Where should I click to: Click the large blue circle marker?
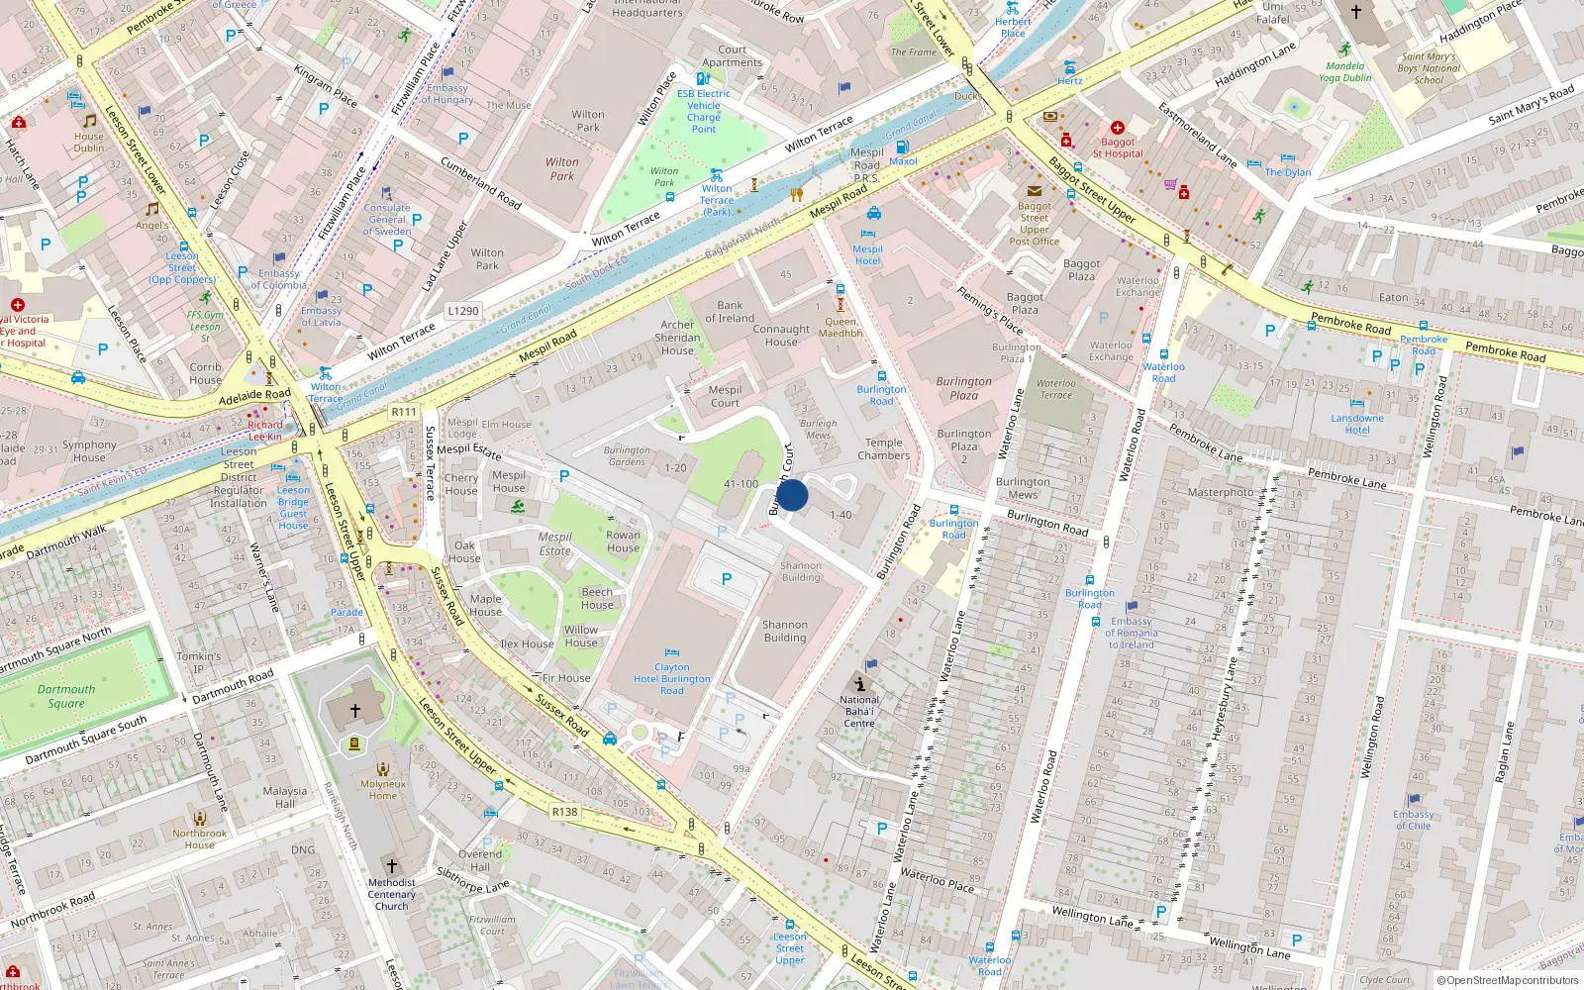click(791, 495)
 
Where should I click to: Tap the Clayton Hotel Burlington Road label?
click(672, 679)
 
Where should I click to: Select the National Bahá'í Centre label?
click(859, 711)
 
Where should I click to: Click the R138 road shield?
click(564, 812)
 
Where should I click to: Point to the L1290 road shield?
click(462, 311)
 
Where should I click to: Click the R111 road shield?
click(404, 412)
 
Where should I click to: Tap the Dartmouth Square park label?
click(66, 696)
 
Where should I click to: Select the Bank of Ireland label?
click(730, 312)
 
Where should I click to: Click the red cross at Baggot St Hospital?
click(1117, 128)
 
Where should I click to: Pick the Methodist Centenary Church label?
click(391, 894)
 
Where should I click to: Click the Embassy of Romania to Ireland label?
click(1131, 633)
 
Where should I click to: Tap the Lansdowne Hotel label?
click(1357, 424)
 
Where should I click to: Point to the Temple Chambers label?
click(884, 449)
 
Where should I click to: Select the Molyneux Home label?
click(383, 789)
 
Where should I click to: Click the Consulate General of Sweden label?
click(387, 220)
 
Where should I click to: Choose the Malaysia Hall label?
click(285, 797)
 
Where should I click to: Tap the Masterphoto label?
click(1220, 492)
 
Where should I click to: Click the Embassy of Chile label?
click(1414, 820)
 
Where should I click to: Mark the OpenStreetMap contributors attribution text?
click(1508, 980)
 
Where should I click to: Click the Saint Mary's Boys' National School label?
click(1429, 68)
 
